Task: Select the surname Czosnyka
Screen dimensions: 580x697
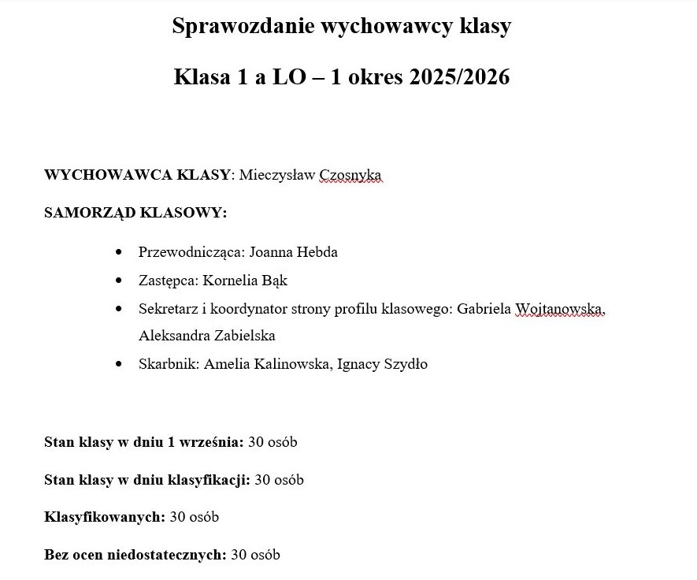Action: coord(350,175)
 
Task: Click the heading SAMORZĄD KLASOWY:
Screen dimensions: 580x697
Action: coord(135,213)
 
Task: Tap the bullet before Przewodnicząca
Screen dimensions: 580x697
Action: coord(119,252)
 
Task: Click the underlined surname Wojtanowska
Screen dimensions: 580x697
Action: coord(559,309)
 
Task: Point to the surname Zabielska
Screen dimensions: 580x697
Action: coord(245,336)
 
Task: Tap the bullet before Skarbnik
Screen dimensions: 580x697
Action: coord(119,364)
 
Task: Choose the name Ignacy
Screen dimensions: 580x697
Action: coord(357,364)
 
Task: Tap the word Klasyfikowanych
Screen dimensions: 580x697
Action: coord(104,518)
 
